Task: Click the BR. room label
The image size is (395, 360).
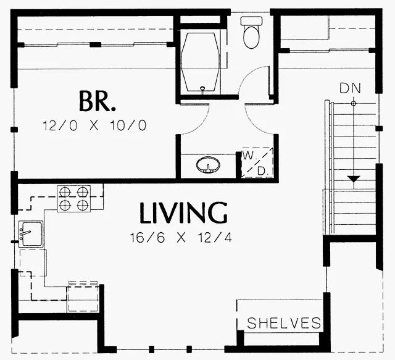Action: click(x=98, y=101)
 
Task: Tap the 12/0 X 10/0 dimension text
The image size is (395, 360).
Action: click(x=94, y=125)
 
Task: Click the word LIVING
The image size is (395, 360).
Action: click(x=183, y=213)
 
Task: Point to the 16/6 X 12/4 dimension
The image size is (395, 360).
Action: click(x=181, y=238)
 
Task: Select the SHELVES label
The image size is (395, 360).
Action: click(x=284, y=323)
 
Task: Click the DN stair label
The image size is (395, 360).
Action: click(x=350, y=88)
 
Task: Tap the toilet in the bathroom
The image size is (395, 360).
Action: click(x=251, y=33)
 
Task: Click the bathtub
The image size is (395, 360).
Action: click(x=201, y=62)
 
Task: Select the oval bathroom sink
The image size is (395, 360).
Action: click(x=208, y=165)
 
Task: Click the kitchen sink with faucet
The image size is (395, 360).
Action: click(x=31, y=234)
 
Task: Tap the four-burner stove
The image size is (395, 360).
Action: click(x=74, y=198)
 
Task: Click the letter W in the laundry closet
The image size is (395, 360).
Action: click(x=249, y=156)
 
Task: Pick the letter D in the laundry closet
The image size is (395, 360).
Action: click(x=262, y=172)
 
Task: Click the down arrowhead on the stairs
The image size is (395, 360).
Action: click(x=354, y=178)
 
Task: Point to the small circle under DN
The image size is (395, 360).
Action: click(x=354, y=103)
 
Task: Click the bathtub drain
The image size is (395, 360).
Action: click(x=202, y=88)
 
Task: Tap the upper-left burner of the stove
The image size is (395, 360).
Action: click(x=65, y=192)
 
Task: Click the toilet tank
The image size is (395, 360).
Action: click(x=251, y=20)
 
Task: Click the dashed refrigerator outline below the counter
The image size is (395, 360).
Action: click(x=82, y=298)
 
